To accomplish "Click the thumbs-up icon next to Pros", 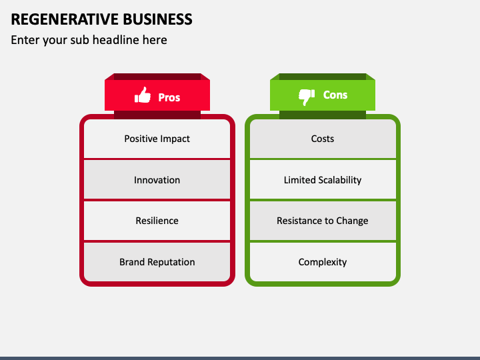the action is (x=143, y=95).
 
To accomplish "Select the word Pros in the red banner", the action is (x=169, y=97).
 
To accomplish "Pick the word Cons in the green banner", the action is (x=335, y=95).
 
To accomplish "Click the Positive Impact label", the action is (x=157, y=139).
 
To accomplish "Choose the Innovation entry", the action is (x=157, y=180).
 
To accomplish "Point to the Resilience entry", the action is (x=157, y=221).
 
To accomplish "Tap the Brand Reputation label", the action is (x=157, y=262).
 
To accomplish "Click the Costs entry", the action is (x=323, y=139).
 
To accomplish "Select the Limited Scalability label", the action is (x=323, y=180).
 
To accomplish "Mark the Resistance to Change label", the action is (x=323, y=221).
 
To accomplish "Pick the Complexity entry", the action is (x=323, y=262).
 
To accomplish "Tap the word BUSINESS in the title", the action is (x=157, y=19).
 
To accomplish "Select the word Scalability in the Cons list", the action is (x=340, y=180).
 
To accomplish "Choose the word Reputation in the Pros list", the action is (x=171, y=262).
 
